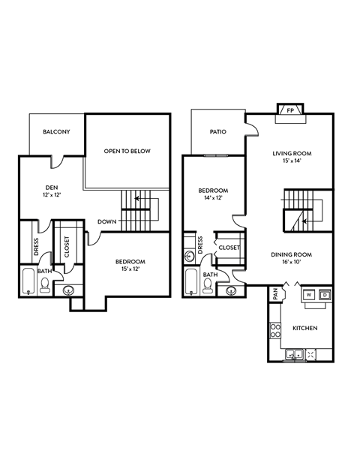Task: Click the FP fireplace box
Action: tap(289, 110)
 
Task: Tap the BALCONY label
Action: tap(56, 132)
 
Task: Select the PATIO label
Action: tap(217, 131)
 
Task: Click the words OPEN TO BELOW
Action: tap(127, 151)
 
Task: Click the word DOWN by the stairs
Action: tap(105, 222)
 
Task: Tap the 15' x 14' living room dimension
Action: tap(292, 161)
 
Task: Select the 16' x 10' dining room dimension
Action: tap(292, 263)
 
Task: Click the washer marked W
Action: tap(308, 295)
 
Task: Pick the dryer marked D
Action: tap(325, 295)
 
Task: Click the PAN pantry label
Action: tap(276, 296)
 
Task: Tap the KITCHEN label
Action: tap(304, 329)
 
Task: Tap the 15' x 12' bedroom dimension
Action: tap(127, 268)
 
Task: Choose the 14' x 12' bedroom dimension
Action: tap(213, 199)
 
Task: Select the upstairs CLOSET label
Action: tap(67, 247)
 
